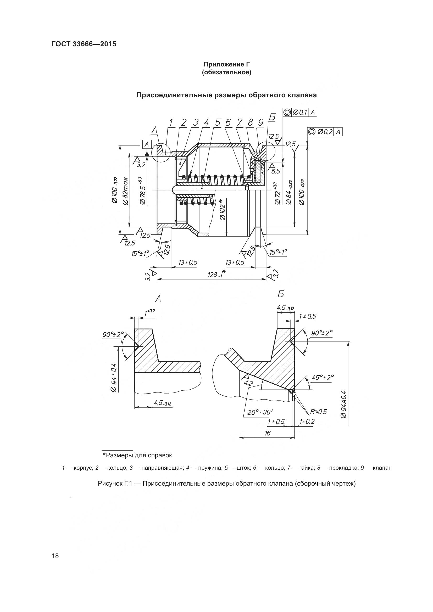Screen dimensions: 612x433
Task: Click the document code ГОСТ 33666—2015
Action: click(84, 44)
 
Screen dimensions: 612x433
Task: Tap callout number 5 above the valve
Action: click(218, 123)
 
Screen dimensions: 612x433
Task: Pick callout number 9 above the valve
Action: click(260, 123)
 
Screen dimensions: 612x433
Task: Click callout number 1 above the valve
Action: click(171, 123)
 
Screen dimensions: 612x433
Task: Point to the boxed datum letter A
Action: click(147, 144)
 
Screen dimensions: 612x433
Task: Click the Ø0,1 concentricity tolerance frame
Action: click(300, 112)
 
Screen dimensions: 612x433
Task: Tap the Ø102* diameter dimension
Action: click(222, 210)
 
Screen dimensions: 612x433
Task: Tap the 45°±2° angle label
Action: click(323, 378)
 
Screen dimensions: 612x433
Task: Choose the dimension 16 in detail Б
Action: click(268, 433)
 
